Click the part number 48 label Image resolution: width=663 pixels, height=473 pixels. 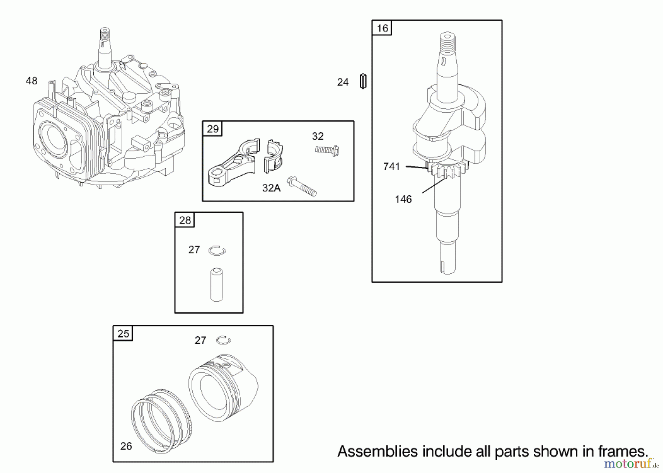(x=32, y=81)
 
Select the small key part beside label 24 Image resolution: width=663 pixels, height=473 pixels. (x=363, y=81)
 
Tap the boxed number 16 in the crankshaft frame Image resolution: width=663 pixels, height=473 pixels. (x=382, y=28)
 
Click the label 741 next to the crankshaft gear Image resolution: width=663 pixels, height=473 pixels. (x=392, y=167)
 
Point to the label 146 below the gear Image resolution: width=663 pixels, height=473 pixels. (x=403, y=199)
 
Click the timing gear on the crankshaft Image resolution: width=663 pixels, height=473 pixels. (x=447, y=170)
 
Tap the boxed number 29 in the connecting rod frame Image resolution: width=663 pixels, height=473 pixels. (x=213, y=129)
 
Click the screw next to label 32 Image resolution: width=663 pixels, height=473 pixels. (x=327, y=150)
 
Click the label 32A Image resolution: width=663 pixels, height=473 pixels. (x=271, y=188)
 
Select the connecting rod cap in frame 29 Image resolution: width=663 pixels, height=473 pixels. (x=273, y=157)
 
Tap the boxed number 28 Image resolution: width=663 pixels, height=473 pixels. (x=185, y=220)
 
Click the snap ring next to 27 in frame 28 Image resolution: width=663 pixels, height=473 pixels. (x=217, y=251)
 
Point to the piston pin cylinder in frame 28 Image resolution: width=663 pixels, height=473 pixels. (x=217, y=285)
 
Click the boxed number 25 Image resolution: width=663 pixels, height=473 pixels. (x=123, y=334)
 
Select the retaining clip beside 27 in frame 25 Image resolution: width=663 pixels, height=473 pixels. (x=223, y=340)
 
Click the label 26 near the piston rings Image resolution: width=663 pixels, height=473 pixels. (x=126, y=446)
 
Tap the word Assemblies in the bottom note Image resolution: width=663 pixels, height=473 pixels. (x=378, y=451)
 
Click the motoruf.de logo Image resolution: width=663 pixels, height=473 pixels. (x=630, y=463)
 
